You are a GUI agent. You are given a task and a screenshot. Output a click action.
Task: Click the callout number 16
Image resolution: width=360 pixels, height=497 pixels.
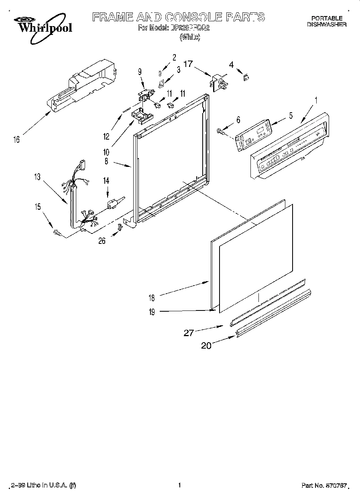16,140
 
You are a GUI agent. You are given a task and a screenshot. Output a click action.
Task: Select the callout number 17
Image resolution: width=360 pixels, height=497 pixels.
188,63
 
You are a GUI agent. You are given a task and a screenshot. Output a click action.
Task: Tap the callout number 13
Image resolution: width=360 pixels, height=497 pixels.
37,177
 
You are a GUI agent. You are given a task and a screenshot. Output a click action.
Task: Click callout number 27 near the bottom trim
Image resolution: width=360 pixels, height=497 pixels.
189,332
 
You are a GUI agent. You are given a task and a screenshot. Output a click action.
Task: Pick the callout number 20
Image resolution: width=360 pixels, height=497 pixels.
206,346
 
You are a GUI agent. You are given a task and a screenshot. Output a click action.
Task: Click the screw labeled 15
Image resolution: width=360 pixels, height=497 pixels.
57,232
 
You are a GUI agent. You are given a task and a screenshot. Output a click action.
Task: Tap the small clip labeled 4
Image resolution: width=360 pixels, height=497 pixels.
245,77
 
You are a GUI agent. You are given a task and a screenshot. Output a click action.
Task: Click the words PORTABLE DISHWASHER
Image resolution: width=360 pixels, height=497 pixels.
327,21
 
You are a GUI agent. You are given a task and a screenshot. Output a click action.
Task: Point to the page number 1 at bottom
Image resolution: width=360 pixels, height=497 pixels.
179,485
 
